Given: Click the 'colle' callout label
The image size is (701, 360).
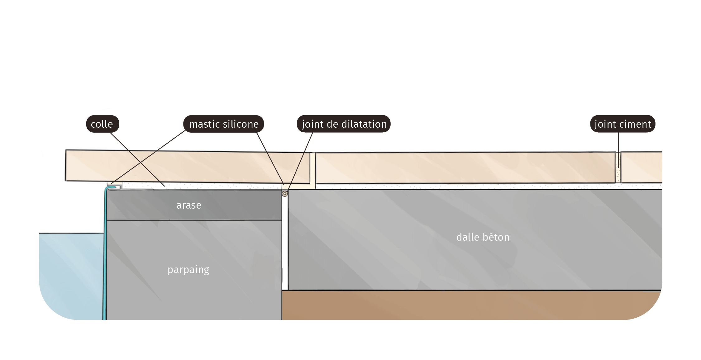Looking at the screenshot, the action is coord(103,124).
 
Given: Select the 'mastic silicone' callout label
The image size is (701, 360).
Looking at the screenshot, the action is coord(224,124).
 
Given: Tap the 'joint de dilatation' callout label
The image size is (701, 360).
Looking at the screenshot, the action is coord(344,124).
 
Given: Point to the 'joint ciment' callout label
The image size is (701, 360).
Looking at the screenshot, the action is coord(622,124).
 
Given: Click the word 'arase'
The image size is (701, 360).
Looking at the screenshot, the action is coord(189,205).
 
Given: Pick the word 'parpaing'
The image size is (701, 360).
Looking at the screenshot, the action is coord(188,270).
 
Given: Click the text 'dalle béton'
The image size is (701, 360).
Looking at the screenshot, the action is coord(483,237).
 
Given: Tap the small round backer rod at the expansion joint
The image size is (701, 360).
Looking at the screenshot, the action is coord(285,194).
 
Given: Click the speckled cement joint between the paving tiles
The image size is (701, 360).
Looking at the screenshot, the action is coord(618,167).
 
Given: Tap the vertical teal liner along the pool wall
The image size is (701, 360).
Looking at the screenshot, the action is coord(105,254).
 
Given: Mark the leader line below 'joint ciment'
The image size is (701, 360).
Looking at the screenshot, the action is coord(618,150).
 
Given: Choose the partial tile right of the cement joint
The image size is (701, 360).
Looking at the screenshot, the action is coord(641,167).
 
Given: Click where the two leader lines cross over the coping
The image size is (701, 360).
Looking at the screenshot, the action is coord(141,163).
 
